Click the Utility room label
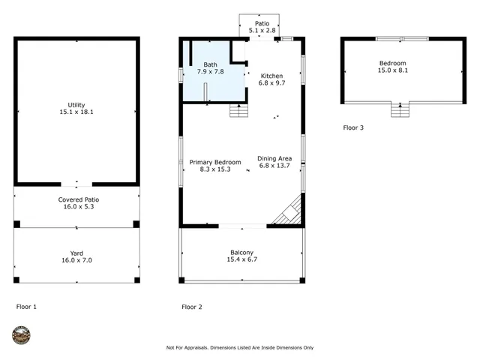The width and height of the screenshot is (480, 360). point(76,104)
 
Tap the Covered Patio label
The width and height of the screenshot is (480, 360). point(79,199)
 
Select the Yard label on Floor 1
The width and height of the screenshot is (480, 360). point(76,253)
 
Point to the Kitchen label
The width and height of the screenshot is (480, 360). point(271,76)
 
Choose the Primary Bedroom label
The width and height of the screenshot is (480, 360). point(215,162)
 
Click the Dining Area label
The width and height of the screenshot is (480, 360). point(274,158)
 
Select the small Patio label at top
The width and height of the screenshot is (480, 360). point(261,24)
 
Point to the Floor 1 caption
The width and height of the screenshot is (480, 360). point(26,307)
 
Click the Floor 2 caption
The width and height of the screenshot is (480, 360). point(192,307)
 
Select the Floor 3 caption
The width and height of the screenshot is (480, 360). point(353,127)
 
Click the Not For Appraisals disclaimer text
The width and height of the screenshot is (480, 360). point(240,347)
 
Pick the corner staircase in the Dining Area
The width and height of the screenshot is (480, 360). point(288,212)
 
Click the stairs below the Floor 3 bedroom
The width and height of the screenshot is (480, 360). point(400,111)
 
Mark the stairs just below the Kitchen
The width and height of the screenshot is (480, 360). point(238,111)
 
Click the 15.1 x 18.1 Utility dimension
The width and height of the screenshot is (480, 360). point(76,112)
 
